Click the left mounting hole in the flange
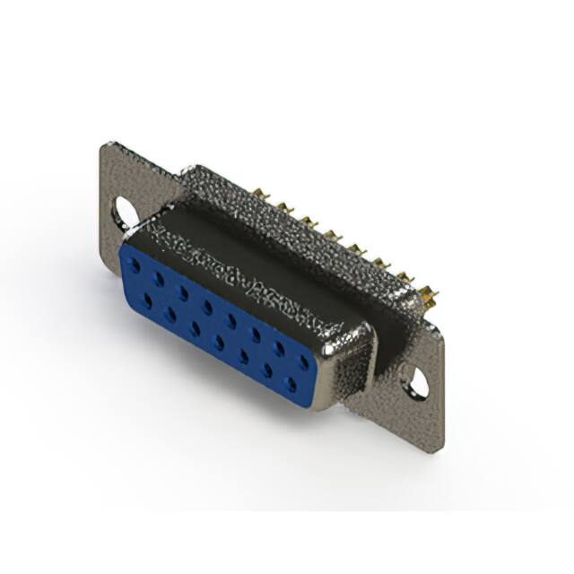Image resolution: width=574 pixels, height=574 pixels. [x=126, y=213]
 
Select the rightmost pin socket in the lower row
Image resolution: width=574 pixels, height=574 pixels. [x=290, y=385]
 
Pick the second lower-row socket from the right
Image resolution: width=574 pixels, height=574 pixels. [x=266, y=370]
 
